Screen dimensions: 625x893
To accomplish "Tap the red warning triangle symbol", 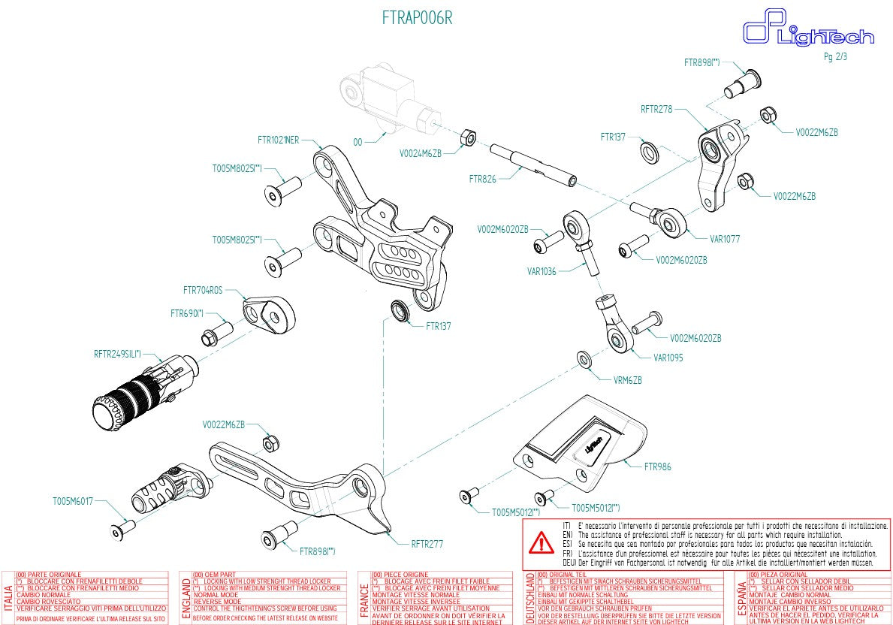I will [x=540, y=542].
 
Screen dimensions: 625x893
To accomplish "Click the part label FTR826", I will [x=482, y=179].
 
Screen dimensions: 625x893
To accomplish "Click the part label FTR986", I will [x=657, y=466].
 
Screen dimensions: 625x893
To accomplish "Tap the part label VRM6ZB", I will [x=628, y=380].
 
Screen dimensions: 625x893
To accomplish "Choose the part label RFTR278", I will [x=656, y=109].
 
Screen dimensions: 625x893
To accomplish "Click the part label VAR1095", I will [x=668, y=358].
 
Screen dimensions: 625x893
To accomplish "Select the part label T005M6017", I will [x=72, y=500].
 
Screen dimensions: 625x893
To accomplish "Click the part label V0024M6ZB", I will [x=420, y=152].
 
